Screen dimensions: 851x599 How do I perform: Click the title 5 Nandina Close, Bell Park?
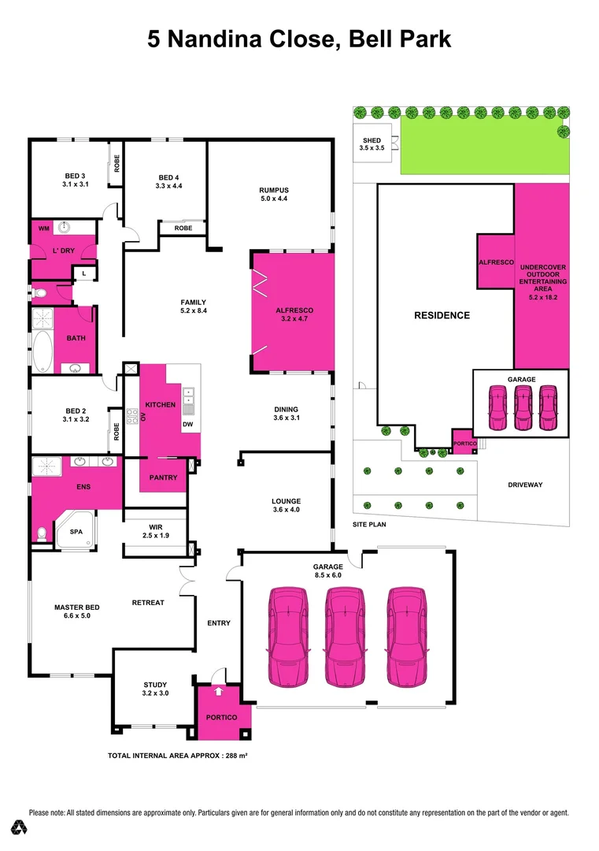pyautogui.click(x=299, y=39)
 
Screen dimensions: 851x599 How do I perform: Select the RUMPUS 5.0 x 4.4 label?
pyautogui.click(x=274, y=195)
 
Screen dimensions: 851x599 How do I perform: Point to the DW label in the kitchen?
pyautogui.click(x=187, y=425)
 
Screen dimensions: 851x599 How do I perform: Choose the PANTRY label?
pyautogui.click(x=163, y=478)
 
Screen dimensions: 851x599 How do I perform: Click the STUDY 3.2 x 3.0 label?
pyautogui.click(x=155, y=689)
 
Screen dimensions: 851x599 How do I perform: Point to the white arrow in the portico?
pyautogui.click(x=218, y=692)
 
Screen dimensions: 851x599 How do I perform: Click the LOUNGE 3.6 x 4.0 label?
pyautogui.click(x=286, y=506)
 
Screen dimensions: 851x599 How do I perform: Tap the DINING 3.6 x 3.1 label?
pyautogui.click(x=286, y=414)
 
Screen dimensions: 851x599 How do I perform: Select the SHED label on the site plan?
pyautogui.click(x=370, y=144)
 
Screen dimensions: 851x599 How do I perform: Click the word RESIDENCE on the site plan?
pyautogui.click(x=442, y=315)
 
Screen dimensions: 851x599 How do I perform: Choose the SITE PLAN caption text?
pyautogui.click(x=368, y=524)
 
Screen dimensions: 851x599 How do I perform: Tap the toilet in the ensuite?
pyautogui.click(x=41, y=536)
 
